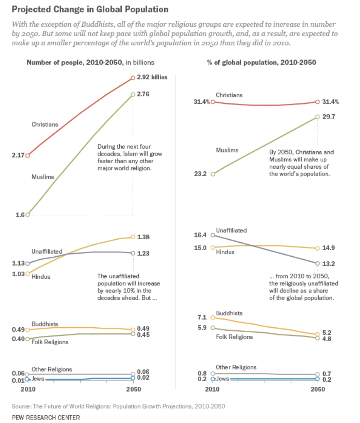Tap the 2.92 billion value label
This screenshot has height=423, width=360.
(x=152, y=77)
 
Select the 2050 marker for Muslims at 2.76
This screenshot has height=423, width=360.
(x=133, y=94)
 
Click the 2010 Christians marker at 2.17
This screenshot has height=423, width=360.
(x=27, y=156)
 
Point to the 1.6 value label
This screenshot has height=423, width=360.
(x=20, y=215)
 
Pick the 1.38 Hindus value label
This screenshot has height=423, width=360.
(x=143, y=237)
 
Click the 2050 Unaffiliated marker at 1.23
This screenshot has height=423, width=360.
(x=133, y=253)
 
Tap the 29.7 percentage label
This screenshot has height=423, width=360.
(x=328, y=117)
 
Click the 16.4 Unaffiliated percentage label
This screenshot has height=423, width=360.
(x=200, y=235)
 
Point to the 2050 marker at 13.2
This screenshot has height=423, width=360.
(x=317, y=264)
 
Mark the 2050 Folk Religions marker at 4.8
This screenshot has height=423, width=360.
(x=317, y=338)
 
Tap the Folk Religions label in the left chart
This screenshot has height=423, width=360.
(x=50, y=342)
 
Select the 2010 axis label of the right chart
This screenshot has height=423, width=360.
(x=212, y=389)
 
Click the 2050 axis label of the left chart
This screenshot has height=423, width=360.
(x=133, y=389)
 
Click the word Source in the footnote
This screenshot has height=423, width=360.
(x=20, y=406)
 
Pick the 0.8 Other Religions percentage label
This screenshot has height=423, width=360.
(x=202, y=374)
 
